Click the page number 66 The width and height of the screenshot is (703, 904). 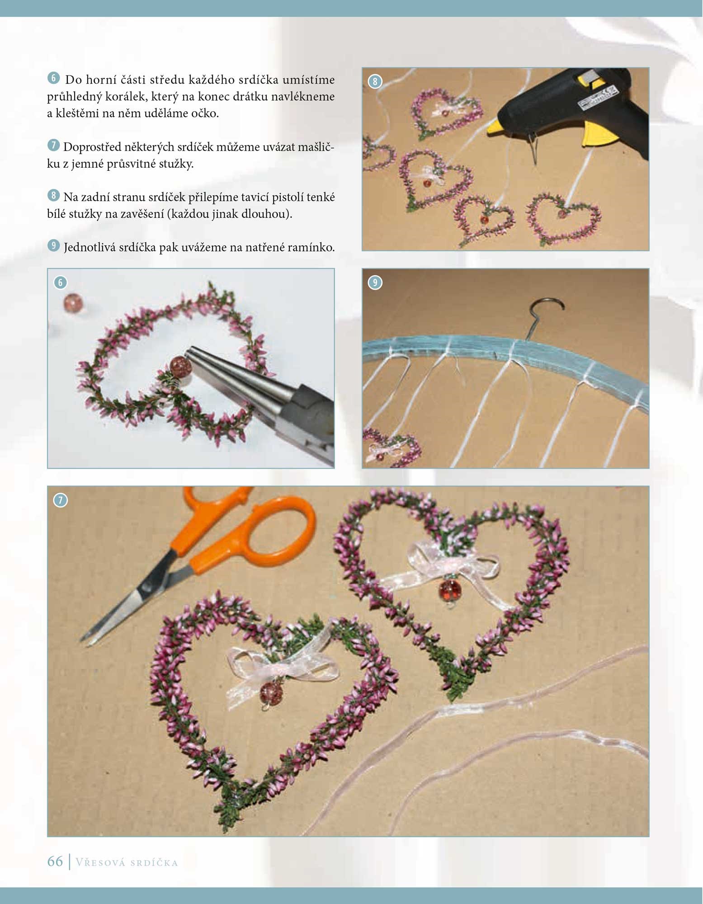[55, 861]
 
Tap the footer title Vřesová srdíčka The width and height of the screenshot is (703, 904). [127, 862]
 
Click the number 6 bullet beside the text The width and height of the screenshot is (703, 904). [53, 78]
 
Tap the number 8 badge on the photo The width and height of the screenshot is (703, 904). [375, 81]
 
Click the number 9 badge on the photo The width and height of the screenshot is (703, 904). [375, 282]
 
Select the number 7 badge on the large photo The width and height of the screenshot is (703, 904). [60, 500]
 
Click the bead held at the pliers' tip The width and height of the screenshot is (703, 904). [180, 365]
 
